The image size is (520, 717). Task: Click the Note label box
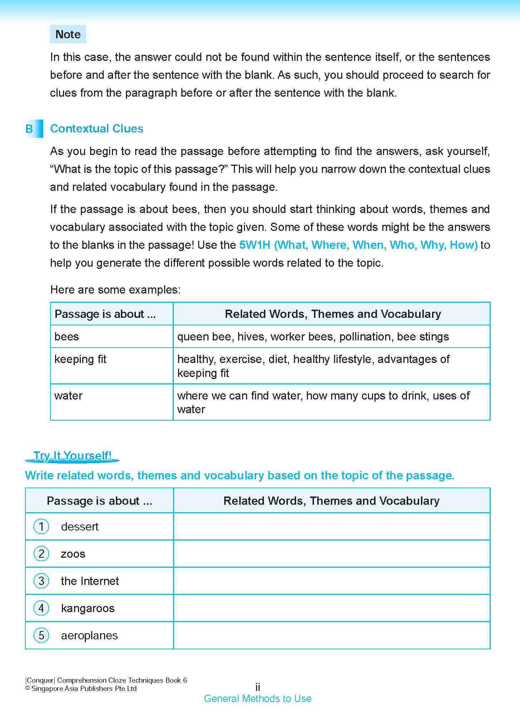pyautogui.click(x=68, y=34)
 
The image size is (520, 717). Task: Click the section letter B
pyautogui.click(x=29, y=129)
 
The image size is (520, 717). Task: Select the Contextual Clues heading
pyautogui.click(x=97, y=129)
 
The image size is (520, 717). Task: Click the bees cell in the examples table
pyautogui.click(x=67, y=336)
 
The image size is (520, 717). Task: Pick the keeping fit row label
pyautogui.click(x=80, y=359)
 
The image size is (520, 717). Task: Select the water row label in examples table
pyautogui.click(x=68, y=396)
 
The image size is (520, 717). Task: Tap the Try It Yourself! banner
pyautogui.click(x=72, y=456)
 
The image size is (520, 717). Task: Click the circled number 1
pyautogui.click(x=41, y=527)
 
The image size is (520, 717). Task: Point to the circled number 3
pyautogui.click(x=41, y=581)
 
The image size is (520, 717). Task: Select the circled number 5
pyautogui.click(x=41, y=635)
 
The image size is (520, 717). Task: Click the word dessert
pyautogui.click(x=80, y=527)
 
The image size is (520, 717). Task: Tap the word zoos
pyautogui.click(x=73, y=554)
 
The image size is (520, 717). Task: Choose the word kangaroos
pyautogui.click(x=88, y=608)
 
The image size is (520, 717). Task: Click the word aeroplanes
pyautogui.click(x=89, y=635)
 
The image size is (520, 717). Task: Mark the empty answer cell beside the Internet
pyautogui.click(x=332, y=581)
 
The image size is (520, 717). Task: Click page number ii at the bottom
pyautogui.click(x=257, y=687)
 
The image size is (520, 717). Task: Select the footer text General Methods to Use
pyautogui.click(x=257, y=698)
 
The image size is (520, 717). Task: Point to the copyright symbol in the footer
pyautogui.click(x=28, y=689)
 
